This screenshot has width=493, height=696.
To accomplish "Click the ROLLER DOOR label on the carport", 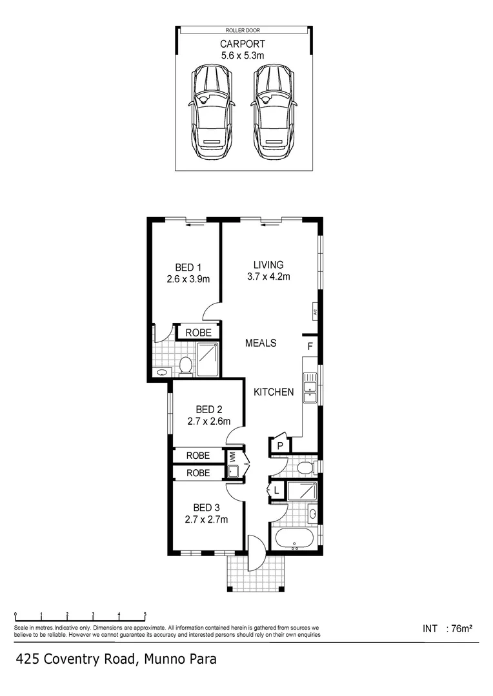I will [x=243, y=30].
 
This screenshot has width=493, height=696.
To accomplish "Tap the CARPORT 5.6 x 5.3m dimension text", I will [x=243, y=50].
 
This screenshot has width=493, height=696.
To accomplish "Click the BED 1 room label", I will [x=188, y=267].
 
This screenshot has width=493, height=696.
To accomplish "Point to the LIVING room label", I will [x=268, y=265].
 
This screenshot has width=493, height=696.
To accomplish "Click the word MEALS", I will [x=261, y=343].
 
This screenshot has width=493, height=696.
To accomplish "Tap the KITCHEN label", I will [x=274, y=392].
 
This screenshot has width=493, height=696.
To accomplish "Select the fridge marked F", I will [x=310, y=347].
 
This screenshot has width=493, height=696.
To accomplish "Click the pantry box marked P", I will [x=281, y=445].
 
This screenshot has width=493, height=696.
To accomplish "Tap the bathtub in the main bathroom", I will [x=294, y=538].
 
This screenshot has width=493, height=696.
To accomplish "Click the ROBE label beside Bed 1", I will [x=197, y=333].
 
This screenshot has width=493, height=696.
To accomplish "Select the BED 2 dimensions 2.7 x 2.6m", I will [x=204, y=422].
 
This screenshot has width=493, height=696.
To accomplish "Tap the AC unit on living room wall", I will [x=316, y=311].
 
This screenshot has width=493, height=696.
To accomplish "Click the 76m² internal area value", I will [x=462, y=628].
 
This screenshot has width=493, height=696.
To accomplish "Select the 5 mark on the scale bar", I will [x=145, y=615].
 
